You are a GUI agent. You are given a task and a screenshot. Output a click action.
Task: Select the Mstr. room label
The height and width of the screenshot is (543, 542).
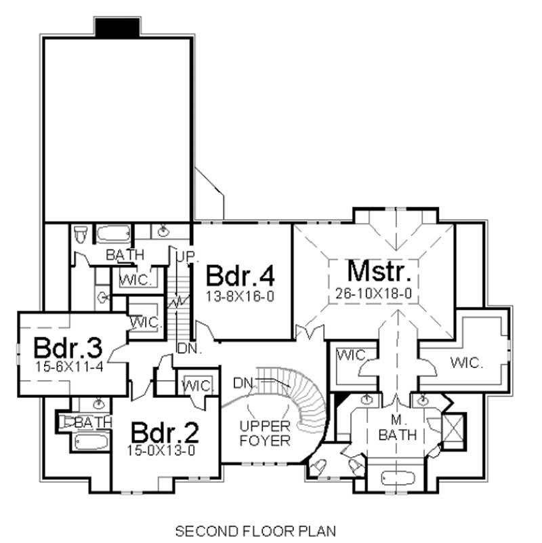pyautogui.click(x=379, y=272)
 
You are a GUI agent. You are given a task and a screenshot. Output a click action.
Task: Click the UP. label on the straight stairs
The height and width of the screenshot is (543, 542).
pyautogui.click(x=186, y=257)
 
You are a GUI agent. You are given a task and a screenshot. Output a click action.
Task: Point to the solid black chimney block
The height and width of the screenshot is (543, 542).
pyautogui.click(x=117, y=27)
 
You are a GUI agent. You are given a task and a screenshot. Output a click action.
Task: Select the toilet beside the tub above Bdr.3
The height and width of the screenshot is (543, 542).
pyautogui.click(x=80, y=235)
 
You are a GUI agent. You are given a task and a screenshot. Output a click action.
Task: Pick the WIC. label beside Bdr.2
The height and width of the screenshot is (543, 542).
pyautogui.click(x=196, y=386)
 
